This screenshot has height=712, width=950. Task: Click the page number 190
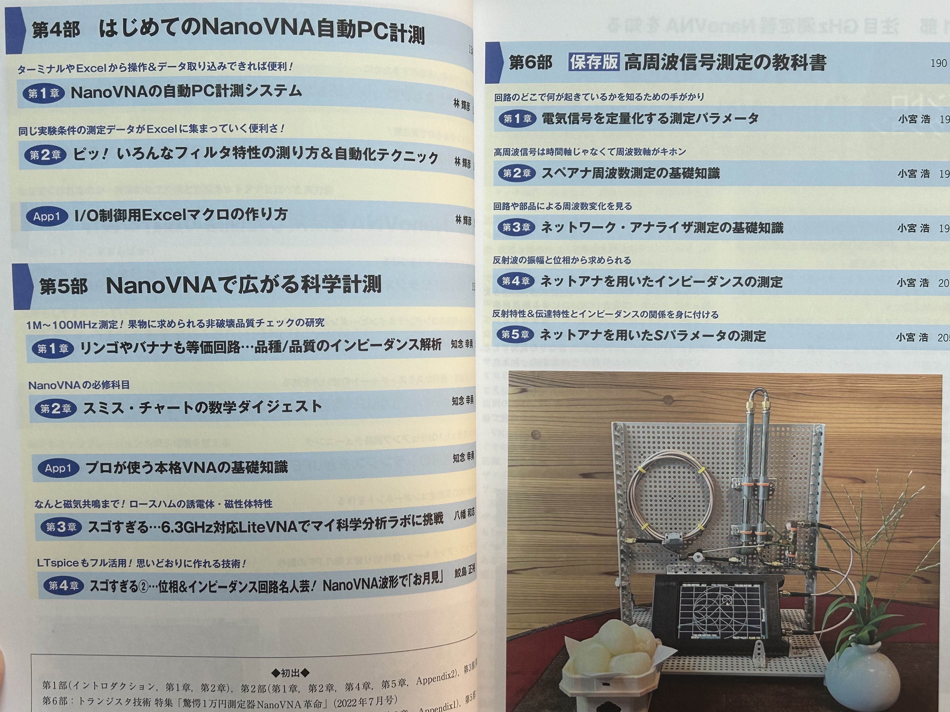pos(938,63)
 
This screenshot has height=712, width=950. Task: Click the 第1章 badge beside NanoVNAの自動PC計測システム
pos(43,93)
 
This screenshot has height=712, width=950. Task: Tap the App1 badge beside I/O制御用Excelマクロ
pos(46,216)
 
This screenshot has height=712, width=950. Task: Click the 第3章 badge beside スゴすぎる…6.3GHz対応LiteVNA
pos(61,527)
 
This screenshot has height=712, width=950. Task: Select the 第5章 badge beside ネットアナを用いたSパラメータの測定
pos(515,334)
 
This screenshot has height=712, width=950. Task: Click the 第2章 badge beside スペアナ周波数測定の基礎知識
pos(517,173)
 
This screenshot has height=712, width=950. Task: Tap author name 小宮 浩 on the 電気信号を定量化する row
pos(913,119)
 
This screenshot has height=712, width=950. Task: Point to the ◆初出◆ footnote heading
pos(291,672)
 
